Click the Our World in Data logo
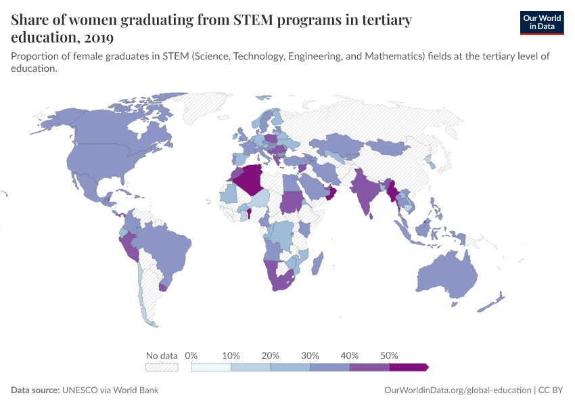pyautogui.click(x=541, y=22)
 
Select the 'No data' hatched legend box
pyautogui.click(x=162, y=367)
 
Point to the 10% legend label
pyautogui.click(x=231, y=355)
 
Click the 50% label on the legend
pyautogui.click(x=389, y=355)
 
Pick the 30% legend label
pyautogui.click(x=310, y=355)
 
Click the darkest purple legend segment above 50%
pyautogui.click(x=408, y=367)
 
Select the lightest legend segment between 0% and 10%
pyautogui.click(x=212, y=367)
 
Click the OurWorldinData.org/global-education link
pyautogui.click(x=457, y=390)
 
